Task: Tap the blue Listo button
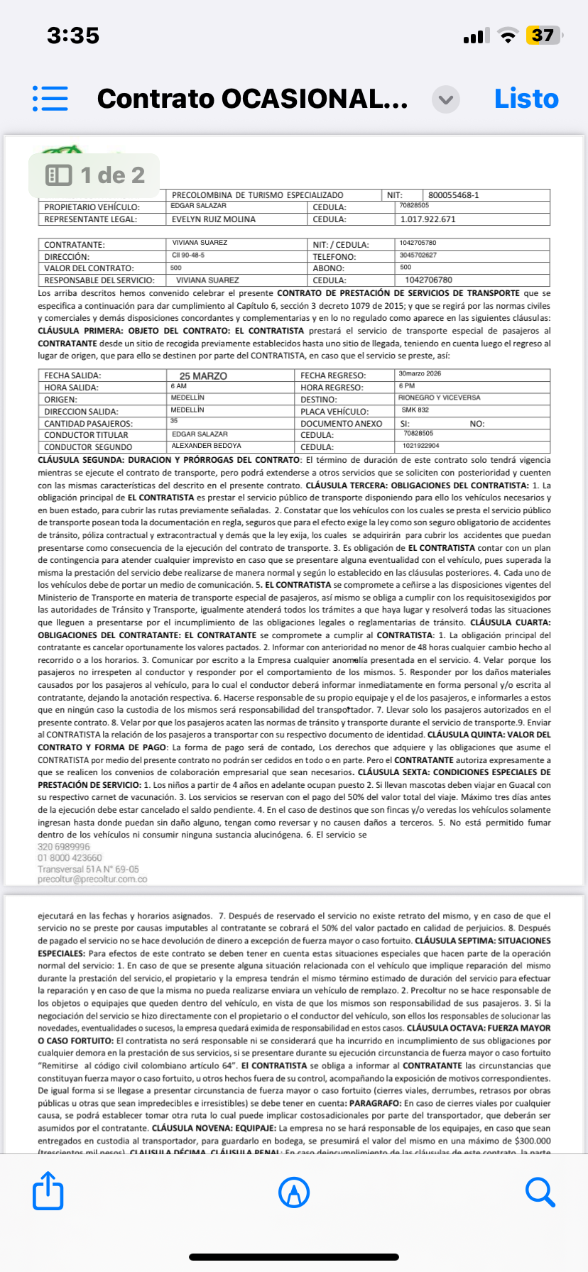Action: [x=526, y=99]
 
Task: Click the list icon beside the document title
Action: [x=50, y=99]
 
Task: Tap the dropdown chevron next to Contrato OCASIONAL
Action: [x=446, y=99]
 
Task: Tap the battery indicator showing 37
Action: [x=543, y=35]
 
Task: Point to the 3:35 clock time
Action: [x=73, y=35]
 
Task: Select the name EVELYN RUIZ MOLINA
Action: [x=214, y=219]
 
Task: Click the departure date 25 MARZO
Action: [x=203, y=375]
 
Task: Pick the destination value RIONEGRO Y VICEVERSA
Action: [x=439, y=397]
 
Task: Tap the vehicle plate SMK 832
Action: [x=415, y=410]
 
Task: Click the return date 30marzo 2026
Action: [x=420, y=373]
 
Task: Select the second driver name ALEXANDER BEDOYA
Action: [x=206, y=446]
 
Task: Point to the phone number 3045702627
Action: [x=418, y=255]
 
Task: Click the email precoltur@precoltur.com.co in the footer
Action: [x=92, y=879]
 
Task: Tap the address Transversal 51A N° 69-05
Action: [x=88, y=869]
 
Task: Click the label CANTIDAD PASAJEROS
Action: [x=88, y=424]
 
